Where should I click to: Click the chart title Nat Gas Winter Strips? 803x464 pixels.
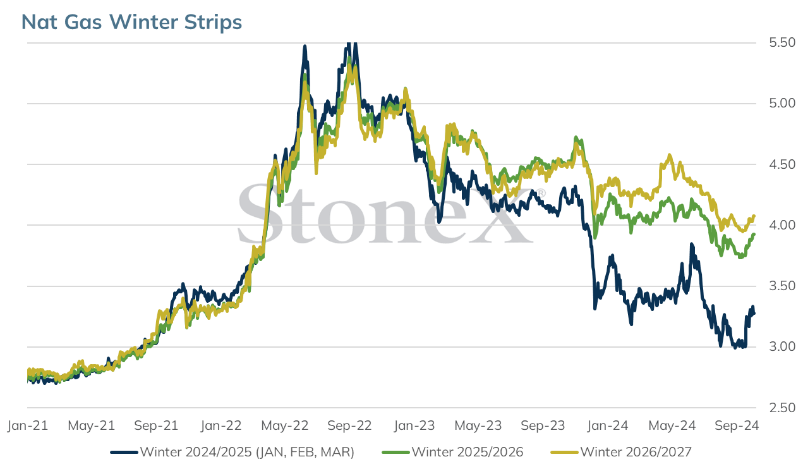click(x=131, y=22)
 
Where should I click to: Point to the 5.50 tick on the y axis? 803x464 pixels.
click(x=782, y=43)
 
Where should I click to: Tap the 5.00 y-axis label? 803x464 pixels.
click(x=782, y=103)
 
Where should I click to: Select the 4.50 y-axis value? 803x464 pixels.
click(x=782, y=164)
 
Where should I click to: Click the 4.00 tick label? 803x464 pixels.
click(x=782, y=225)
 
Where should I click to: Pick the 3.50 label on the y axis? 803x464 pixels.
click(x=782, y=286)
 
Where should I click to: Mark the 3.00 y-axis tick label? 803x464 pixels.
click(x=782, y=347)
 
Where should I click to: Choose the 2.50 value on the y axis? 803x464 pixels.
click(x=782, y=408)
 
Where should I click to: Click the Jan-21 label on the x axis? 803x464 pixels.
click(x=28, y=425)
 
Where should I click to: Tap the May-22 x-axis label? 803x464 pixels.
click(x=285, y=425)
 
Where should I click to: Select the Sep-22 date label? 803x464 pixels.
click(x=349, y=425)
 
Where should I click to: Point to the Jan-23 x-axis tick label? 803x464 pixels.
click(x=414, y=425)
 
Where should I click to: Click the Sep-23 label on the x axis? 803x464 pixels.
click(x=543, y=425)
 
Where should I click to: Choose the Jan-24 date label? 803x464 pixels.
click(x=608, y=425)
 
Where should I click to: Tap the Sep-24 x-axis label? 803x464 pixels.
click(x=736, y=425)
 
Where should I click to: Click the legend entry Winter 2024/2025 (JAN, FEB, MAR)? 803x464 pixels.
click(x=232, y=452)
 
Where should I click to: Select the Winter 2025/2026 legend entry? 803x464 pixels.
click(x=452, y=452)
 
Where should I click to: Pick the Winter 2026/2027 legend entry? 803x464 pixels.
click(x=621, y=452)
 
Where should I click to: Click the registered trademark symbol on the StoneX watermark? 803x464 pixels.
click(x=541, y=193)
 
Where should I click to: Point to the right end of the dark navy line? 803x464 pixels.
click(x=754, y=314)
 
